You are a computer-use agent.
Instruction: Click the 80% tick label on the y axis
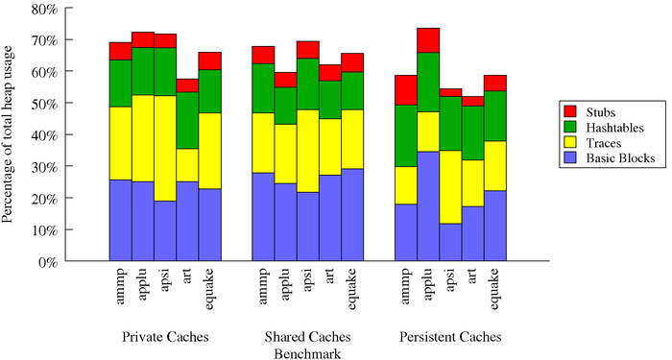click(x=45, y=9)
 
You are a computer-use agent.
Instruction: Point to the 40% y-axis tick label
click(x=45, y=135)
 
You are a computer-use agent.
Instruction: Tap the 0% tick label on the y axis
click(x=49, y=261)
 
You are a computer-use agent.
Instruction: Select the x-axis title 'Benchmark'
click(x=308, y=353)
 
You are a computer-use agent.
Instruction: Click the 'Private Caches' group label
click(x=165, y=338)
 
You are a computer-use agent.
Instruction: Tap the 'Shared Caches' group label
click(x=308, y=338)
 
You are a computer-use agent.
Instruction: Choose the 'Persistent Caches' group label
click(x=450, y=338)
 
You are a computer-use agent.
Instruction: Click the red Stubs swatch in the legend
click(x=570, y=112)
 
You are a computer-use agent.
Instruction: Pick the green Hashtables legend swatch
click(x=570, y=128)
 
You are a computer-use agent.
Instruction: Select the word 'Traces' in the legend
click(x=604, y=143)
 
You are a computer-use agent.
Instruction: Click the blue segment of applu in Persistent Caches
click(x=428, y=205)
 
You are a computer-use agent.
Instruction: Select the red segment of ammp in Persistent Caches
click(x=406, y=90)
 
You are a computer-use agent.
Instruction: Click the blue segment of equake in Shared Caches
click(x=352, y=215)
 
